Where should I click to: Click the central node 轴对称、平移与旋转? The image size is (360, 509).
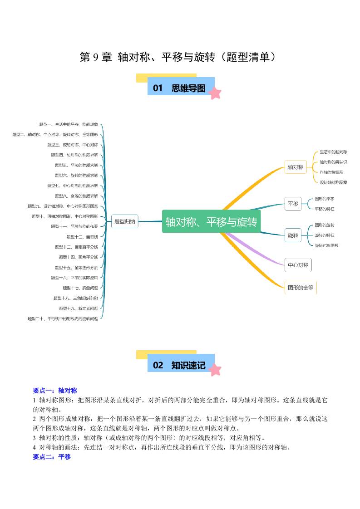point(211,222)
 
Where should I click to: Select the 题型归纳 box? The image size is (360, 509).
point(124,222)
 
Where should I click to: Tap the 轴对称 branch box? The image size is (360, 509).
point(295,167)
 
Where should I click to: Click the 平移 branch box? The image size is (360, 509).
point(293,204)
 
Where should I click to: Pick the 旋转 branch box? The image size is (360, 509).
point(293,235)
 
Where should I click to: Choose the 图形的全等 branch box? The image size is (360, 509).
point(301,287)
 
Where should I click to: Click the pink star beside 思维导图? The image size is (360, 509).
point(215,93)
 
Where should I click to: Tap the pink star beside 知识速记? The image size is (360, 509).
point(215,370)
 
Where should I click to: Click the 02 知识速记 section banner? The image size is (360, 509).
point(180,365)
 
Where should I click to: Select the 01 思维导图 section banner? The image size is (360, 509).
point(180,88)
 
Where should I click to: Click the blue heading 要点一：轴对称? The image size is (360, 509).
point(55,390)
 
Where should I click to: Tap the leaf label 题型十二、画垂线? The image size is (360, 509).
point(82,237)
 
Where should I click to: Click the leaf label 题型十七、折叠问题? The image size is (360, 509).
point(80,288)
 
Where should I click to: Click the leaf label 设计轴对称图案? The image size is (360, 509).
point(333,182)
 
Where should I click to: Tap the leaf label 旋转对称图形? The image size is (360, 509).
point(326,245)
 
